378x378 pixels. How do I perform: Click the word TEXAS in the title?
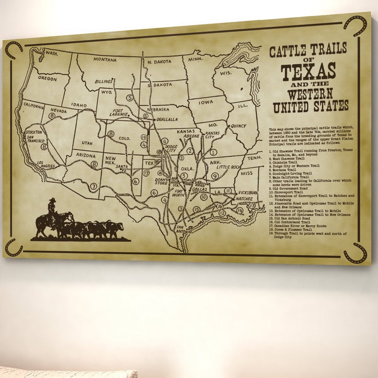point(309,71)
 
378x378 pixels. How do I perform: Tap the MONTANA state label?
point(105,60)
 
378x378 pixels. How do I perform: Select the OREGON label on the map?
point(47,78)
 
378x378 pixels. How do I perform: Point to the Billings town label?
point(103,82)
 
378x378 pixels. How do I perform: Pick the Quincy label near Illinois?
point(238,126)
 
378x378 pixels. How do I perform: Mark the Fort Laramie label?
point(119,112)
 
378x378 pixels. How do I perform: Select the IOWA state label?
point(206,102)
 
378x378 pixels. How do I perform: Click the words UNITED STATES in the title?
point(309,105)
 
